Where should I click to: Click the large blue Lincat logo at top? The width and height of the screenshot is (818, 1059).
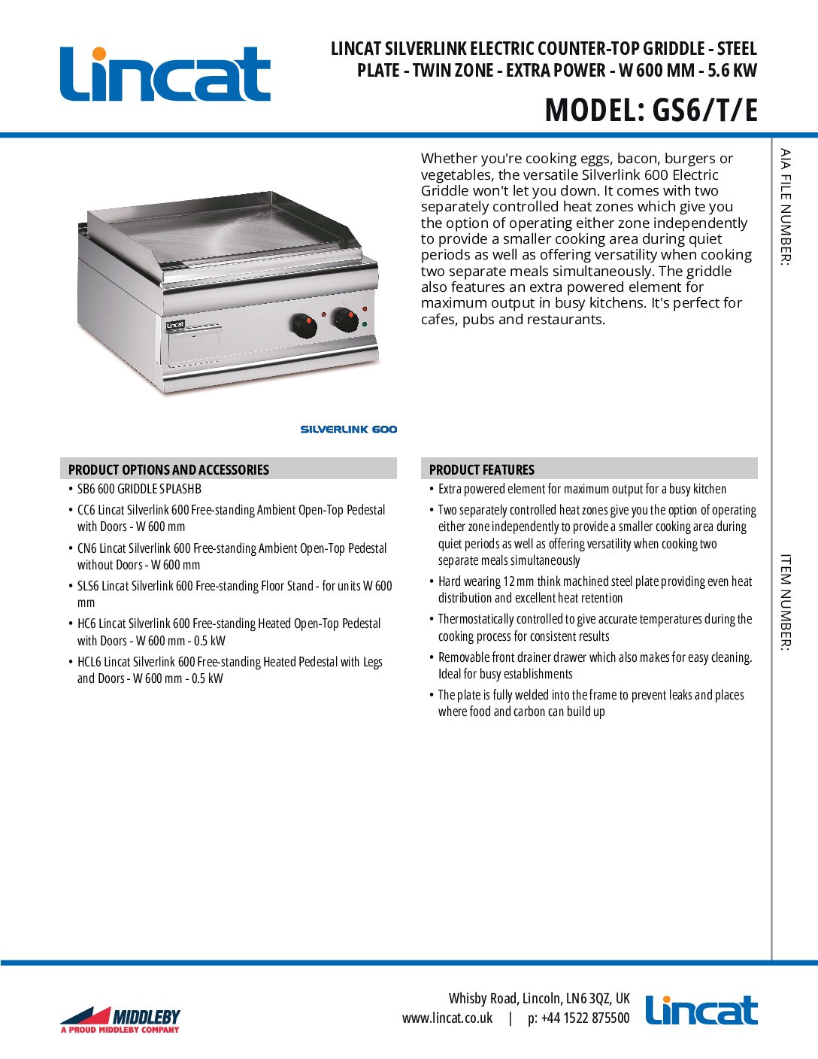[x=165, y=74]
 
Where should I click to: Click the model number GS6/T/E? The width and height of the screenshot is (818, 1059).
[x=704, y=111]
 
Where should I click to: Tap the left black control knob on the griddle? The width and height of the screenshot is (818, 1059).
[x=304, y=326]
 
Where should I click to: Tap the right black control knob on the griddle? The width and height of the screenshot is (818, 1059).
[x=345, y=319]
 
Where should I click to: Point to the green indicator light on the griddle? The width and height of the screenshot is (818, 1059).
[x=365, y=324]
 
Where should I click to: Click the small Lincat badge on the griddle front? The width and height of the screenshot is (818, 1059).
[x=175, y=325]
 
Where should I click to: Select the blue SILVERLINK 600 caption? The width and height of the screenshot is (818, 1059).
[x=348, y=429]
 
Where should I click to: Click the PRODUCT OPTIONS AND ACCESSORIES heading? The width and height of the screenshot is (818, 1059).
[x=168, y=469]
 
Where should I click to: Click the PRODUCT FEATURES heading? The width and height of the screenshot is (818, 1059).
[x=481, y=469]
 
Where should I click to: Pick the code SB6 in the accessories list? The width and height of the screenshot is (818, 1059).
[x=86, y=489]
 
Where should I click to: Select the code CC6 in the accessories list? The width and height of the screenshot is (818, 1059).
[x=86, y=510]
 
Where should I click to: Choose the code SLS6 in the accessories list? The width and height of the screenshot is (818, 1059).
[x=88, y=586]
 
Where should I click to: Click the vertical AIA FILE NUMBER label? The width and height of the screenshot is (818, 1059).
[x=786, y=206]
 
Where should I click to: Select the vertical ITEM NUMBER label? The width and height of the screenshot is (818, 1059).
[x=786, y=602]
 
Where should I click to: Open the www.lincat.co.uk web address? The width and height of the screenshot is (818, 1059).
[x=447, y=1018]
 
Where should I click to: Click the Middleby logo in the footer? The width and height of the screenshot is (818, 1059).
[x=120, y=1019]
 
